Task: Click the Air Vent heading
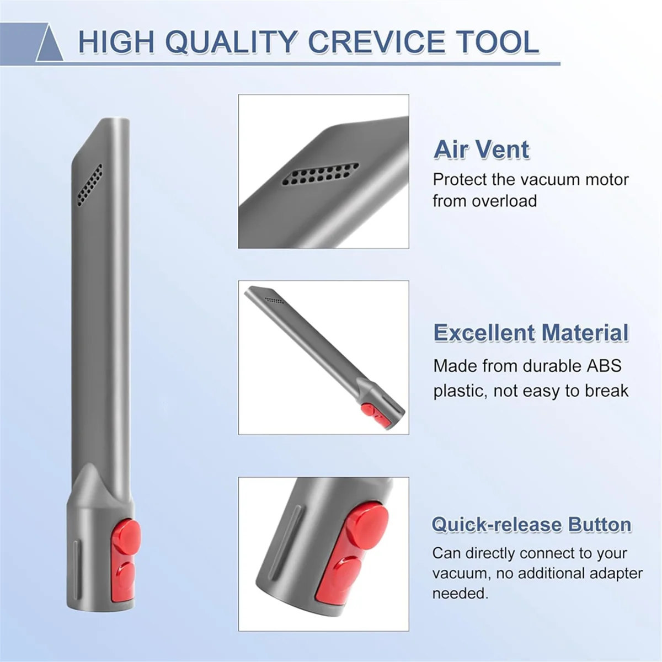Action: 481,150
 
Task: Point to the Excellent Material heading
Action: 531,333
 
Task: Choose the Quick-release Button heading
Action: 531,524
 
